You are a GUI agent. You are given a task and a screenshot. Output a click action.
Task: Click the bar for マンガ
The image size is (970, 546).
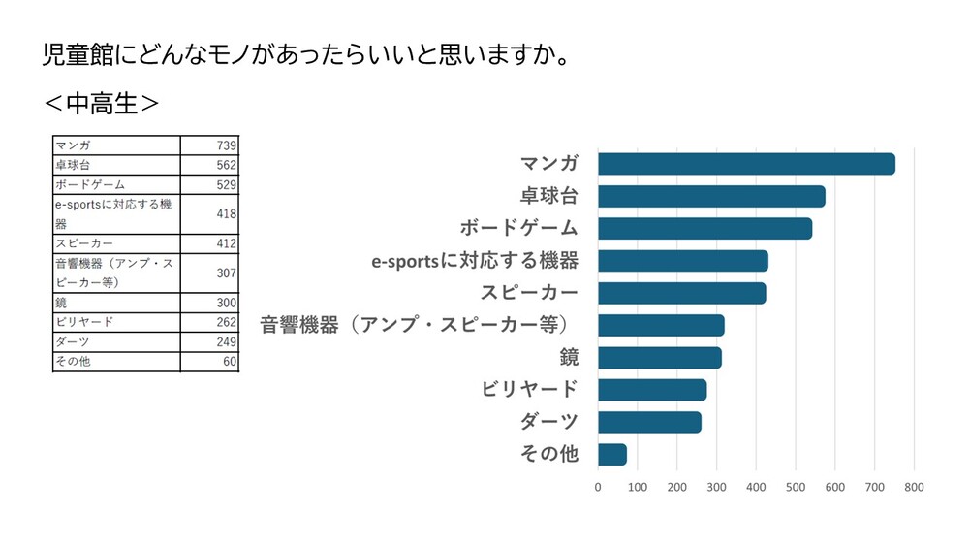click(x=746, y=164)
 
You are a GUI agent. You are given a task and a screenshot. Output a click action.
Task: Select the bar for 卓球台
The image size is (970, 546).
click(x=711, y=196)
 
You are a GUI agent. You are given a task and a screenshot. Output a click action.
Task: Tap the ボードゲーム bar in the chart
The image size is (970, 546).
click(x=704, y=229)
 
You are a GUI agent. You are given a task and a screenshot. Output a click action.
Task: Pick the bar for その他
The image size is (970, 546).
click(x=612, y=454)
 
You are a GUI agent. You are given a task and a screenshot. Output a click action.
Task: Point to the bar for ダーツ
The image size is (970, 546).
click(x=649, y=422)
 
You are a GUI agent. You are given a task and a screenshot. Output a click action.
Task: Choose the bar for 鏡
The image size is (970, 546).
click(x=659, y=357)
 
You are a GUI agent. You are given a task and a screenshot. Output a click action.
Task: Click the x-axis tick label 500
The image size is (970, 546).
click(x=795, y=487)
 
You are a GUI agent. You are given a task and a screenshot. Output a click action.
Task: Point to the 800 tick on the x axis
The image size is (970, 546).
click(x=913, y=487)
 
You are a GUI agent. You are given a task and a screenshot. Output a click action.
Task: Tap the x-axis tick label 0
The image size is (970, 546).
click(x=598, y=487)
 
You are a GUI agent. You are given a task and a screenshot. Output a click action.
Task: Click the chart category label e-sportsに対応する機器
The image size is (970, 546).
click(x=475, y=261)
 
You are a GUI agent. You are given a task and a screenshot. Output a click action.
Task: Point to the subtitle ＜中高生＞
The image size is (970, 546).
click(x=101, y=103)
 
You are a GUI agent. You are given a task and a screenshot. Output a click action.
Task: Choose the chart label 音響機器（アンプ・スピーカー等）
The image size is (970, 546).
click(x=420, y=325)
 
